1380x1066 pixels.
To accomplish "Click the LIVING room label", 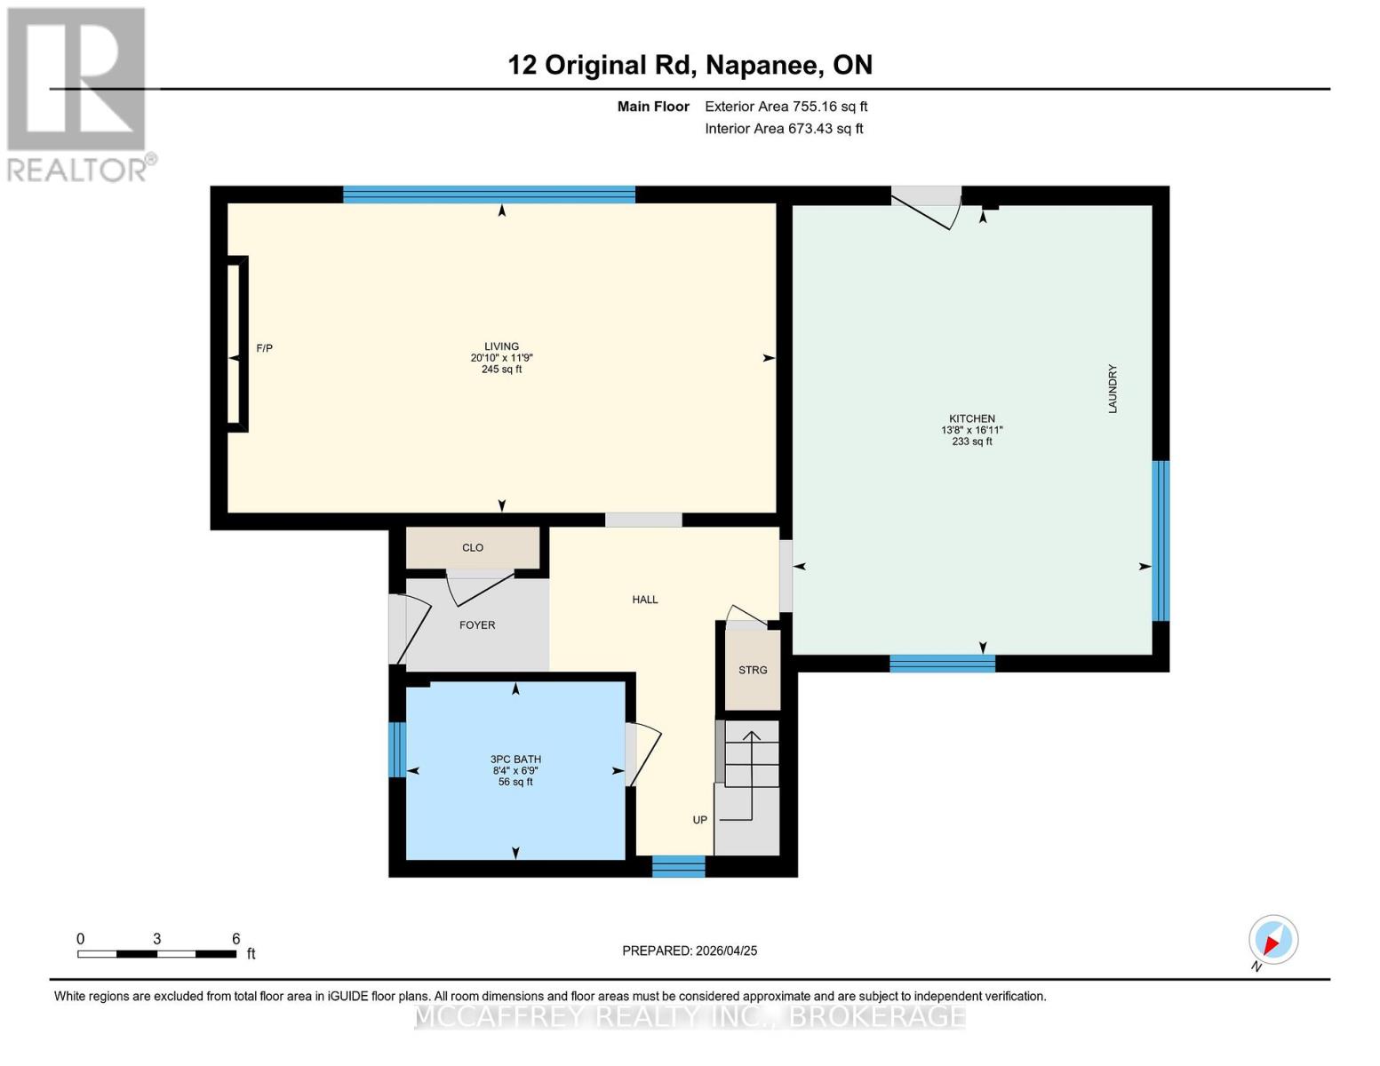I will pos(501,346).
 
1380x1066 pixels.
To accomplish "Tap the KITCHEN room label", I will pos(971,418).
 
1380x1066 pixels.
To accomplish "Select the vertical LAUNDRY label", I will pos(1112,389).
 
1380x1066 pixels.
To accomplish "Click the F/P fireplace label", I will pos(264,348).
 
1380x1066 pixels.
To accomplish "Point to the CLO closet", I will pos(473,548).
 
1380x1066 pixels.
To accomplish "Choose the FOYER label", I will pos(477,625).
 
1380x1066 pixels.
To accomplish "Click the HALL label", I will pos(645,600).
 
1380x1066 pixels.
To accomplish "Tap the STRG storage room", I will pos(753,670).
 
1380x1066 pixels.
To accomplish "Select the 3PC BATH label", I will pos(515,760).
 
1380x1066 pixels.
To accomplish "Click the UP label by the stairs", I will pos(700,820).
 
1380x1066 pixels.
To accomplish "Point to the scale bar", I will pos(156,954).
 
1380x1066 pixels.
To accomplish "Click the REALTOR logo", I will pos(78,93).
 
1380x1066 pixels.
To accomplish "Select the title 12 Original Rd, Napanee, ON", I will pos(690,65).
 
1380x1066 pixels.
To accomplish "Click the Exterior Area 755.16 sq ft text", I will pos(786,107).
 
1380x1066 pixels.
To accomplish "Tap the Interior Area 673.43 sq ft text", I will pos(784,129).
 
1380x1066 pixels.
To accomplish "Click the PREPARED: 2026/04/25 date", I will pos(690,951).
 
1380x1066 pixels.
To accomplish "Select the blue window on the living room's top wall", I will pos(489,195).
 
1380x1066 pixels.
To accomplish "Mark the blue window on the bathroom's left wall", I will pos(397,749).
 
